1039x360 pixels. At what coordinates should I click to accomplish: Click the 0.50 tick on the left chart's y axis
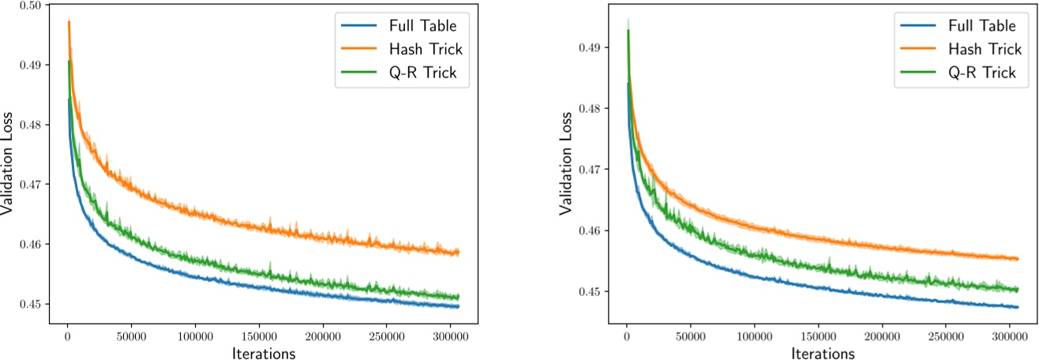[33, 6]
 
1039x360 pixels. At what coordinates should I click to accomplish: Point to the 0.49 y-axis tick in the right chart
[592, 47]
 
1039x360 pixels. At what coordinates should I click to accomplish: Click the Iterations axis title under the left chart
[263, 353]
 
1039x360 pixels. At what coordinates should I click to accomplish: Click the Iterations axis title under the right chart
[822, 353]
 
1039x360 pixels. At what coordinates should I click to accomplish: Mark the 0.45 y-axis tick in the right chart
[592, 292]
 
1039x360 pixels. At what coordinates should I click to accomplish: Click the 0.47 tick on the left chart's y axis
[33, 185]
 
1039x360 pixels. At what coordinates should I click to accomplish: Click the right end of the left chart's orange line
[459, 253]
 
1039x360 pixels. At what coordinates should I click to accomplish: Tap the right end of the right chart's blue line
[1018, 307]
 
